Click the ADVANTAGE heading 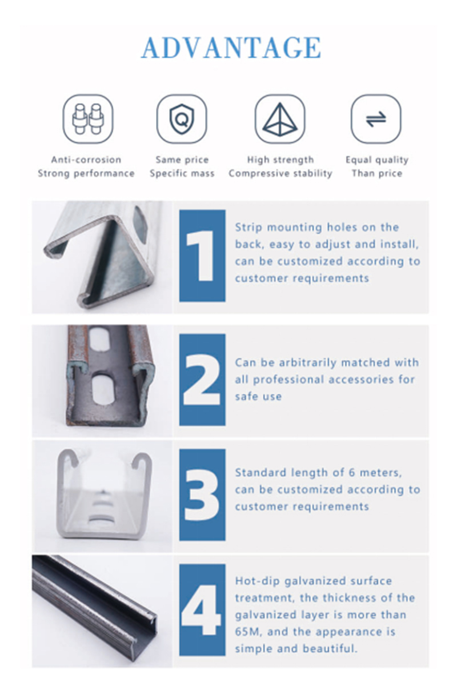click(231, 47)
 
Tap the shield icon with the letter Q click(182, 119)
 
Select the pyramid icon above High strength click(280, 119)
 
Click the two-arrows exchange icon click(376, 119)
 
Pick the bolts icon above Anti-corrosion click(88, 119)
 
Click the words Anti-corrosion click(86, 159)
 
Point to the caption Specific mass click(182, 173)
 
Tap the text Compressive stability click(280, 173)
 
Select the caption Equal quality click(377, 160)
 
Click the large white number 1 click(201, 256)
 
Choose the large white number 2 click(202, 380)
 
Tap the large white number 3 click(202, 494)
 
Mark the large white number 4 click(201, 609)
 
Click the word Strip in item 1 click(248, 228)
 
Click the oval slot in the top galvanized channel click(140, 225)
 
